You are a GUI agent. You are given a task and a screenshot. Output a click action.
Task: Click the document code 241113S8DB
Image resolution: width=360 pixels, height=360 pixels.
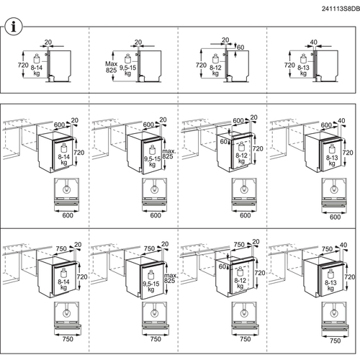341,9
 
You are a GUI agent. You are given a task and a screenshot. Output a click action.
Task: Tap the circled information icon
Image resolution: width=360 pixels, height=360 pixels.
14,27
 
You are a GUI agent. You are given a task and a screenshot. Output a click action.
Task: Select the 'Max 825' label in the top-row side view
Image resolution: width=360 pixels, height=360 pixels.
112,67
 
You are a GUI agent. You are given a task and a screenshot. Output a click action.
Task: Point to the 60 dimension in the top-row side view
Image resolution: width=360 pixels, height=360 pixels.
240,48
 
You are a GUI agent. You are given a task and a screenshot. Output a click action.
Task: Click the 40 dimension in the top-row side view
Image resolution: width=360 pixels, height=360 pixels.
314,42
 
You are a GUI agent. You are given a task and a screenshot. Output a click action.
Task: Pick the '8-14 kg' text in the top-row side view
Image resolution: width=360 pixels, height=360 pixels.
37,71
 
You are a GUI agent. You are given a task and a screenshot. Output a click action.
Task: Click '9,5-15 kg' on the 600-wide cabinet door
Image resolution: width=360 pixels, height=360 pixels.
152,161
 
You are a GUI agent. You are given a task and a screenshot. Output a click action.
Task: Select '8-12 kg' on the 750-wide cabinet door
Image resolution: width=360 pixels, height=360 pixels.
240,283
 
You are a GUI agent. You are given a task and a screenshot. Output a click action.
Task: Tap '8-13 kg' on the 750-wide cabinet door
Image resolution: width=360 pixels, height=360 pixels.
330,286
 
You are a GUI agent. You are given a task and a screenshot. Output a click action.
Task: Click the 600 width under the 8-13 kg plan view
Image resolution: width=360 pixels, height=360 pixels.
335,217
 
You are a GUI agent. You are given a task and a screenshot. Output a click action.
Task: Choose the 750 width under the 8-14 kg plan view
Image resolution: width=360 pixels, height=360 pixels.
68,339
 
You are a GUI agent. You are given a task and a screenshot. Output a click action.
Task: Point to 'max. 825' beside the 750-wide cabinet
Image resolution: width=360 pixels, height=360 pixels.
170,278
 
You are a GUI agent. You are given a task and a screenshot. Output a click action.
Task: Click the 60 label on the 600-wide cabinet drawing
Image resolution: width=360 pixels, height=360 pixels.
224,142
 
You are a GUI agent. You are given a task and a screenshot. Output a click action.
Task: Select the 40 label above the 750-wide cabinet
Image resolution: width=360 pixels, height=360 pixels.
343,245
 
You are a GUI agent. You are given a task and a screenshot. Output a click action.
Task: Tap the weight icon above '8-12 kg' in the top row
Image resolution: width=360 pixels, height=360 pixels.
215,58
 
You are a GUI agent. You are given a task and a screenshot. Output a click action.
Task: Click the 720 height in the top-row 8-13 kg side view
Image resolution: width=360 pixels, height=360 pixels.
289,65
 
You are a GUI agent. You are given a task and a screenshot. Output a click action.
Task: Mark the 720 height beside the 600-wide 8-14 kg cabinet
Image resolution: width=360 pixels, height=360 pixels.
79,153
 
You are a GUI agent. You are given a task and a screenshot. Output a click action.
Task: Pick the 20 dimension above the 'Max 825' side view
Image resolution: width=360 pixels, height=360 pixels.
138,42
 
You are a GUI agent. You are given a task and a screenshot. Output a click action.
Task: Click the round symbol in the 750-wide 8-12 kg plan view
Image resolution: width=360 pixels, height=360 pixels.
244,313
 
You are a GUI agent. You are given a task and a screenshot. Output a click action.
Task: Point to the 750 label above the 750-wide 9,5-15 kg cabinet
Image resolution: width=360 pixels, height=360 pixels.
149,248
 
